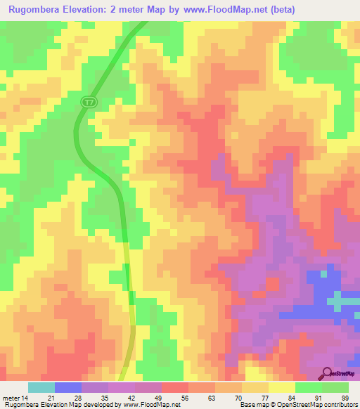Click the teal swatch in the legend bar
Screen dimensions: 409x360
click(41, 387)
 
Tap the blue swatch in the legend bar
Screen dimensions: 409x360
click(67, 387)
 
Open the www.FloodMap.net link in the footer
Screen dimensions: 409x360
click(150, 405)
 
